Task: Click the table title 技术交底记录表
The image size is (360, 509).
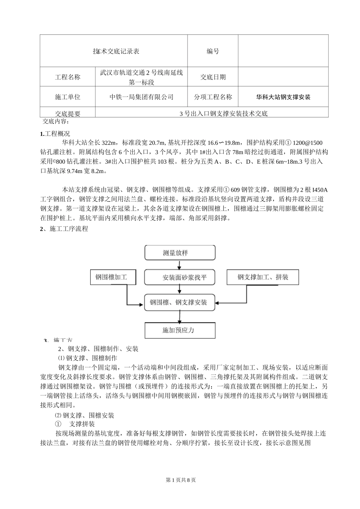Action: [x=116, y=51]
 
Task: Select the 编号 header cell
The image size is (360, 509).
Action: [x=213, y=51]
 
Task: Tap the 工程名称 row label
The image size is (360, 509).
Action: [x=67, y=77]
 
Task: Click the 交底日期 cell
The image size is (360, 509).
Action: [x=213, y=77]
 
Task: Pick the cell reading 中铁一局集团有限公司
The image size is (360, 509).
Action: [x=141, y=97]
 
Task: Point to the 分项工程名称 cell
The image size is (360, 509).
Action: [x=213, y=97]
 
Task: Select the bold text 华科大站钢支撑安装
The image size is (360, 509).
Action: [x=283, y=97]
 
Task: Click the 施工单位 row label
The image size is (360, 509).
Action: [x=67, y=97]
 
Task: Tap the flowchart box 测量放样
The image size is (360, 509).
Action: [x=180, y=253]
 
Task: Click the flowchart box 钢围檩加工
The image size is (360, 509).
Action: [x=111, y=277]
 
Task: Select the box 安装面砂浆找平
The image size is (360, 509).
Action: [x=180, y=278]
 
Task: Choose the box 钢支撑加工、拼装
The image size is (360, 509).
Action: [x=263, y=277]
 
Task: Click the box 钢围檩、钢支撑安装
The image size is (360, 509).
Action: [x=180, y=302]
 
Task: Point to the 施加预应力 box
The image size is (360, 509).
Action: [x=180, y=330]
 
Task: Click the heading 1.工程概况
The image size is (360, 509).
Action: [x=55, y=134]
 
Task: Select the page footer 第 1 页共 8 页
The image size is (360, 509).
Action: [x=181, y=480]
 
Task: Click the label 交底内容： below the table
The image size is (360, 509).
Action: [x=56, y=122]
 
